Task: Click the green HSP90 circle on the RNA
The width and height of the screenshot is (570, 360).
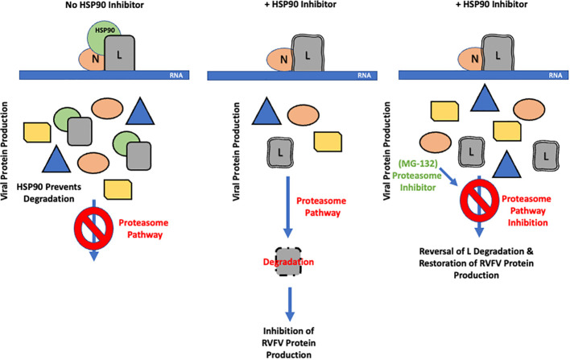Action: coord(100,35)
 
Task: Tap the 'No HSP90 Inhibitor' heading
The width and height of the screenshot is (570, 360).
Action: coord(105,5)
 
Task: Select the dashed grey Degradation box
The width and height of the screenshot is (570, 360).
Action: coord(288,262)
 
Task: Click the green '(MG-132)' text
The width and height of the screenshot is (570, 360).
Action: coord(417,163)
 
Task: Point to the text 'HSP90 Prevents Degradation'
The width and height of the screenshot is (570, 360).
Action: coord(49,192)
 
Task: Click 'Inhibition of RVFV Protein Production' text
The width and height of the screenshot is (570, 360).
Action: coord(289,342)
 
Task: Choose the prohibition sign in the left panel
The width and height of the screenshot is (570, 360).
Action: coord(93,229)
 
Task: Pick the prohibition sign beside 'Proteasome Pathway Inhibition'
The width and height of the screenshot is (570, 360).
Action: coord(480,201)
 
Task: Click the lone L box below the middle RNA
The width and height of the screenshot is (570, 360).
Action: coord(280,153)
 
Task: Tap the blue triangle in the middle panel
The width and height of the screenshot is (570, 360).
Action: coord(266,111)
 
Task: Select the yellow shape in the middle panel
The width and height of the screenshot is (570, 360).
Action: coord(328,142)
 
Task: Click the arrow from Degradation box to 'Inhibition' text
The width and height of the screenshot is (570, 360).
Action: coord(290,304)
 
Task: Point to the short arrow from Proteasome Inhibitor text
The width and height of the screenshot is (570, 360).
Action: coord(448,176)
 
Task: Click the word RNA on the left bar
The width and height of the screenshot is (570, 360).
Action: coord(176,75)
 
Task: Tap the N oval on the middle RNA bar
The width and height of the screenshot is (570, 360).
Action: coord(281,60)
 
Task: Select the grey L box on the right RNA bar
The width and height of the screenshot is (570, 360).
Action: coord(498,53)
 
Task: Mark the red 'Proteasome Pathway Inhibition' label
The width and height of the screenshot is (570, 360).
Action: coord(527,210)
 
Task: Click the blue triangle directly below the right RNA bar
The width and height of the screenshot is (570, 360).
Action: coord(485,97)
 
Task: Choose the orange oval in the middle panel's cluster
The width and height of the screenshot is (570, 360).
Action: coord(304,115)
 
